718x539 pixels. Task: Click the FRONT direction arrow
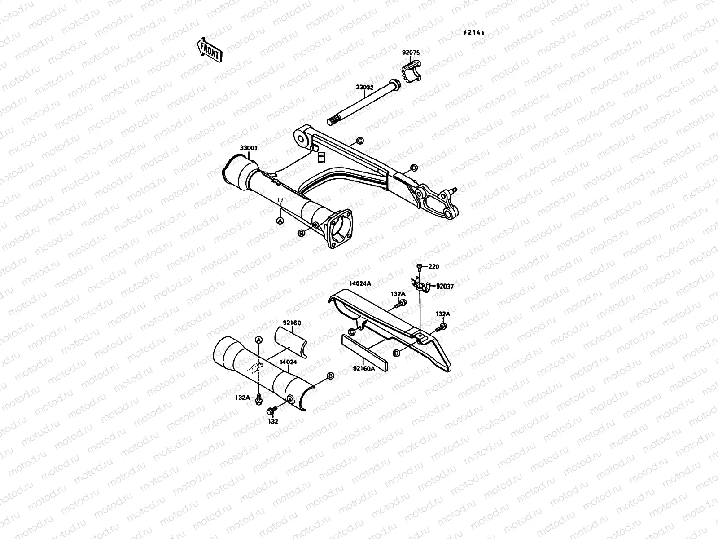coord(209,49)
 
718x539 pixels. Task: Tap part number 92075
coord(410,53)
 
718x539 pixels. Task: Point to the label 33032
coord(364,88)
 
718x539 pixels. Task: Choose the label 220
coord(433,267)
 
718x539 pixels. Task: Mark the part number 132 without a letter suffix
coord(273,422)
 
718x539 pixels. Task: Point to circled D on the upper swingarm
coord(414,168)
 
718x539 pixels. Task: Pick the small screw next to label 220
coord(419,267)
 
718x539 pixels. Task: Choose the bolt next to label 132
coord(271,411)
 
